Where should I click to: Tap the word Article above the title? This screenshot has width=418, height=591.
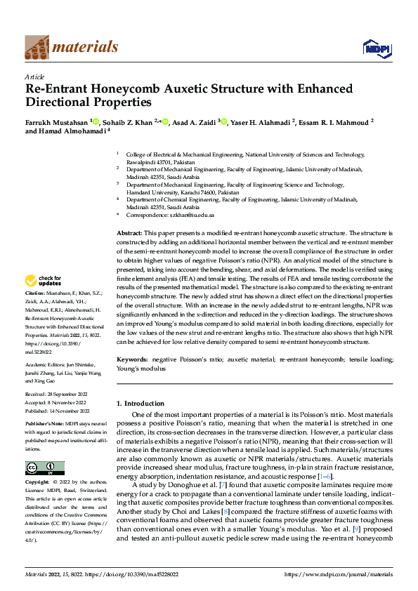pos(34,77)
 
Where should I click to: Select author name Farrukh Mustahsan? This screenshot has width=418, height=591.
pos(56,122)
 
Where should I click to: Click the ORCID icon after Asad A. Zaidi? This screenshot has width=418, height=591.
pos(224,122)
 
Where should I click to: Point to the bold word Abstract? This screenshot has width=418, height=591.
pos(130,232)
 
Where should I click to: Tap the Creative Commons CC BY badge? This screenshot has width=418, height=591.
pos(44,467)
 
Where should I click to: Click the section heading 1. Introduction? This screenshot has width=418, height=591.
pos(141,404)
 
